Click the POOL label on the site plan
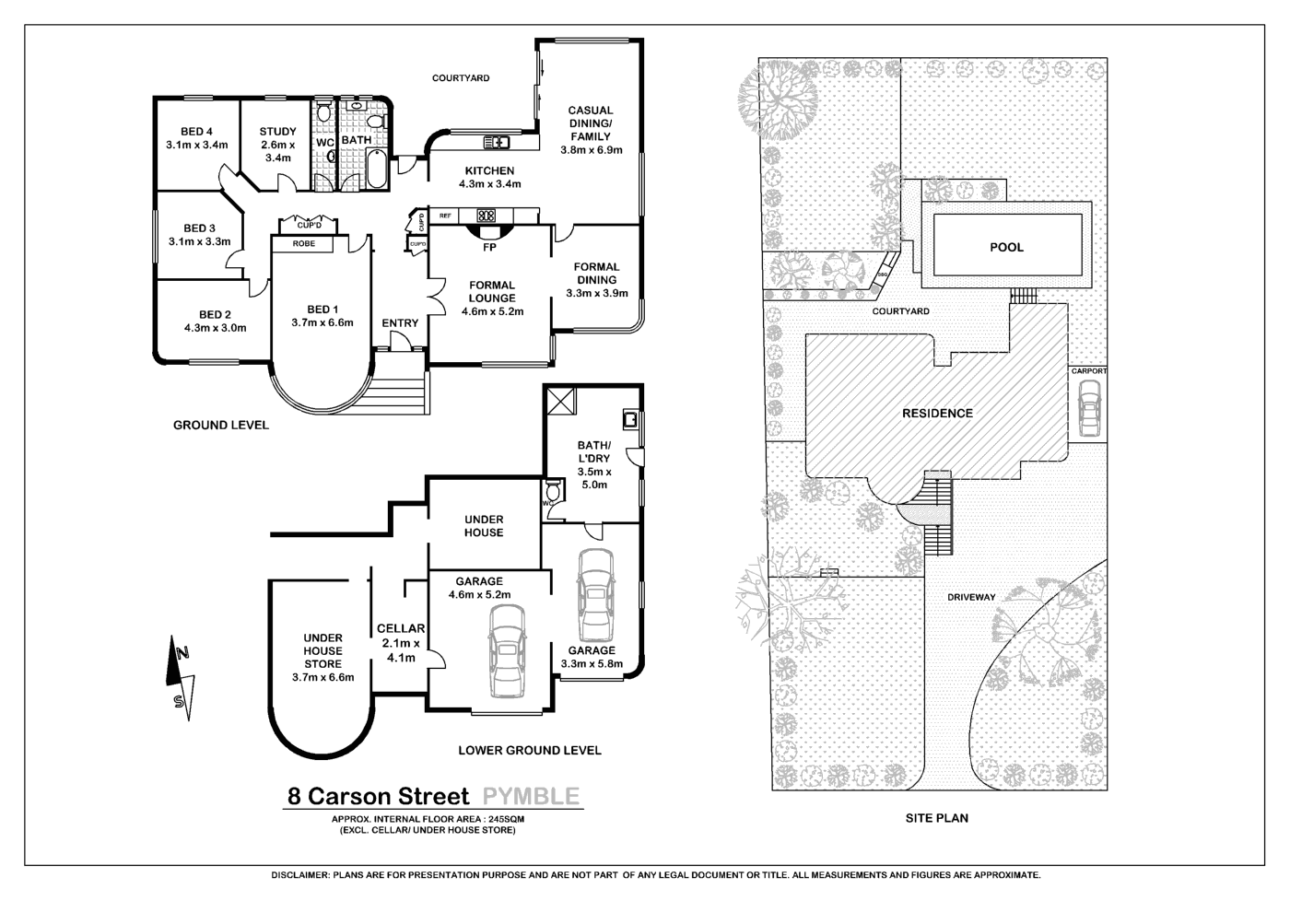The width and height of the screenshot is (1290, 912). click(1006, 248)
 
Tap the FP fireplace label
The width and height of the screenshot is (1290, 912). click(489, 248)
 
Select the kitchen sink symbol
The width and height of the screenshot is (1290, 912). click(496, 142)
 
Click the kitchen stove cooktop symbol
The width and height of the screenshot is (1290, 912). click(487, 216)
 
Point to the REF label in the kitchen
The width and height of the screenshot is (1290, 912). click(445, 216)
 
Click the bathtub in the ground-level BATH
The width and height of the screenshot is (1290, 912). click(377, 168)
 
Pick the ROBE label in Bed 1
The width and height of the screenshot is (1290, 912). click(303, 244)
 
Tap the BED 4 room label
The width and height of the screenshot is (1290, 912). click(196, 132)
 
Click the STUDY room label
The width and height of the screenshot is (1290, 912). click(277, 132)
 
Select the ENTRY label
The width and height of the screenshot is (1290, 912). click(400, 323)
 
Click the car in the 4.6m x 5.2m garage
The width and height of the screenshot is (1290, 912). click(507, 651)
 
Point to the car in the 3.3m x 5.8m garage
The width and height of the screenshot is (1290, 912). click(596, 595)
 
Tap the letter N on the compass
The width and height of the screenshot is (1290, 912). click(183, 653)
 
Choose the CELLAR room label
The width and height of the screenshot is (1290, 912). click(401, 629)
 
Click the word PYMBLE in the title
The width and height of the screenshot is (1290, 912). click(531, 796)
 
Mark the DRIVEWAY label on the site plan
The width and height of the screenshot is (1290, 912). click(971, 598)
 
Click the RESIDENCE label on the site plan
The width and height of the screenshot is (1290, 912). click(938, 414)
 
